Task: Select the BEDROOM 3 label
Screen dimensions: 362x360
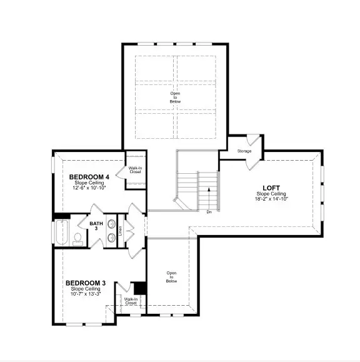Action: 86,283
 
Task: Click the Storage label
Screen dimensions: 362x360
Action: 244,151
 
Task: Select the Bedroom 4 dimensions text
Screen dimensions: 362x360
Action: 89,188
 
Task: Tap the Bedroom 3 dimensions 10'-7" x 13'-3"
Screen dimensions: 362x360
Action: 86,294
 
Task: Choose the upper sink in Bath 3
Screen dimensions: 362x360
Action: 111,224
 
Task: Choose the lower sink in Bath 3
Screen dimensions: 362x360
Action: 111,237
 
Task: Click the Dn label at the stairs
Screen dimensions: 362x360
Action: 209,211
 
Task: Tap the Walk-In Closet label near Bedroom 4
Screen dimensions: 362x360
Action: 135,169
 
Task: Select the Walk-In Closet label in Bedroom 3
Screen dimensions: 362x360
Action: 131,301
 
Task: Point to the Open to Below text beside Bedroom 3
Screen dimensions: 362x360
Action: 171,277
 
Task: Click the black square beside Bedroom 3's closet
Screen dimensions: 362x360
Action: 141,288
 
